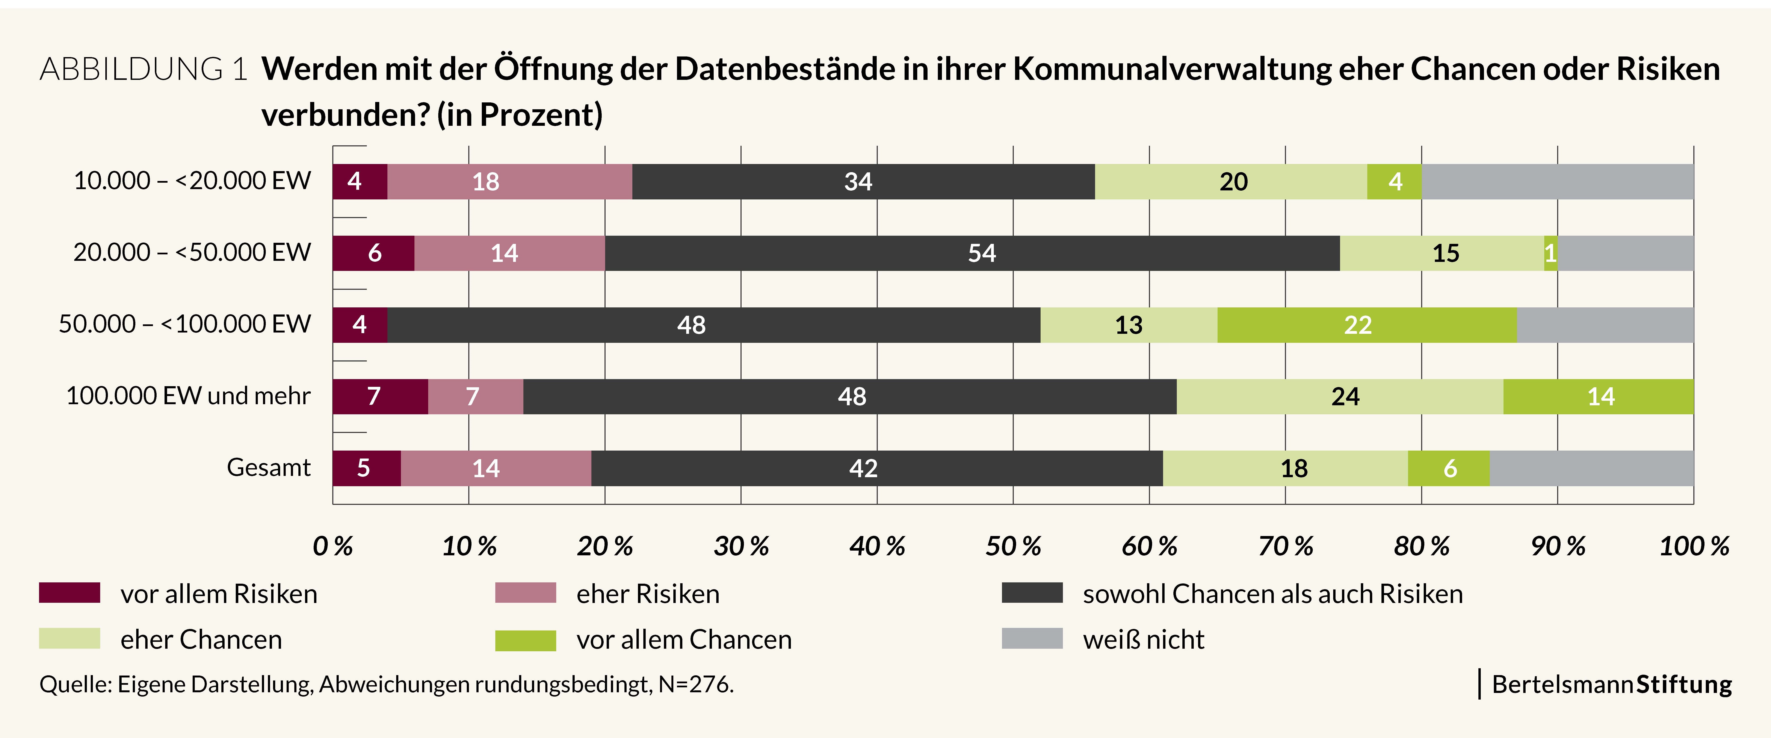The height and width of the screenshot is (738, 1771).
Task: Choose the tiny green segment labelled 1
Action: pos(1550,253)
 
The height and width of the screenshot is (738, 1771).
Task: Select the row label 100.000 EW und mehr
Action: pos(188,396)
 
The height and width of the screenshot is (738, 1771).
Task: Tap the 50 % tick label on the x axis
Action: pos(1013,547)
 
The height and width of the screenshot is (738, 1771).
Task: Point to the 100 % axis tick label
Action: pos(1693,547)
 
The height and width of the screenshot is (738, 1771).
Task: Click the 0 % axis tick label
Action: pos(333,547)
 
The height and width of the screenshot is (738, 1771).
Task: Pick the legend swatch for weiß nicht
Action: pos(1032,638)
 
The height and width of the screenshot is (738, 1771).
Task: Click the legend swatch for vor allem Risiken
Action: pos(70,593)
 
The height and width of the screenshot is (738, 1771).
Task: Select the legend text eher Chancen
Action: pos(201,640)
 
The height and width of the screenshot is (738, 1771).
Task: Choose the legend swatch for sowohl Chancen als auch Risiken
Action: pos(1032,593)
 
